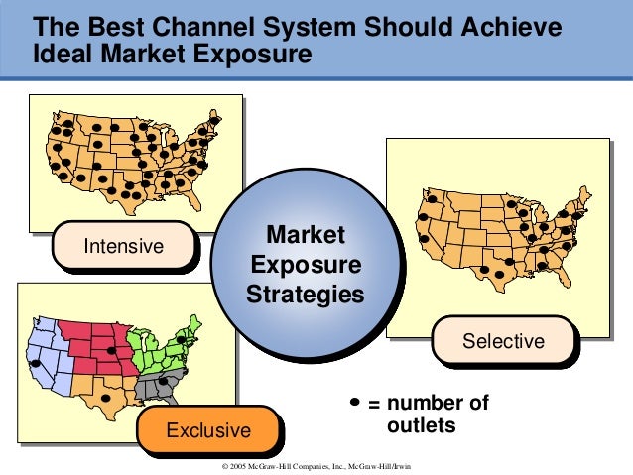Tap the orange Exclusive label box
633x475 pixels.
(207, 430)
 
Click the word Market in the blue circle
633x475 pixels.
(307, 236)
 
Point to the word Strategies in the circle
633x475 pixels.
(306, 296)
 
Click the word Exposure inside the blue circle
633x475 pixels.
(306, 266)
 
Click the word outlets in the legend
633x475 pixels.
(420, 426)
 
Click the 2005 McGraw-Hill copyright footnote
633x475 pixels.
(317, 465)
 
